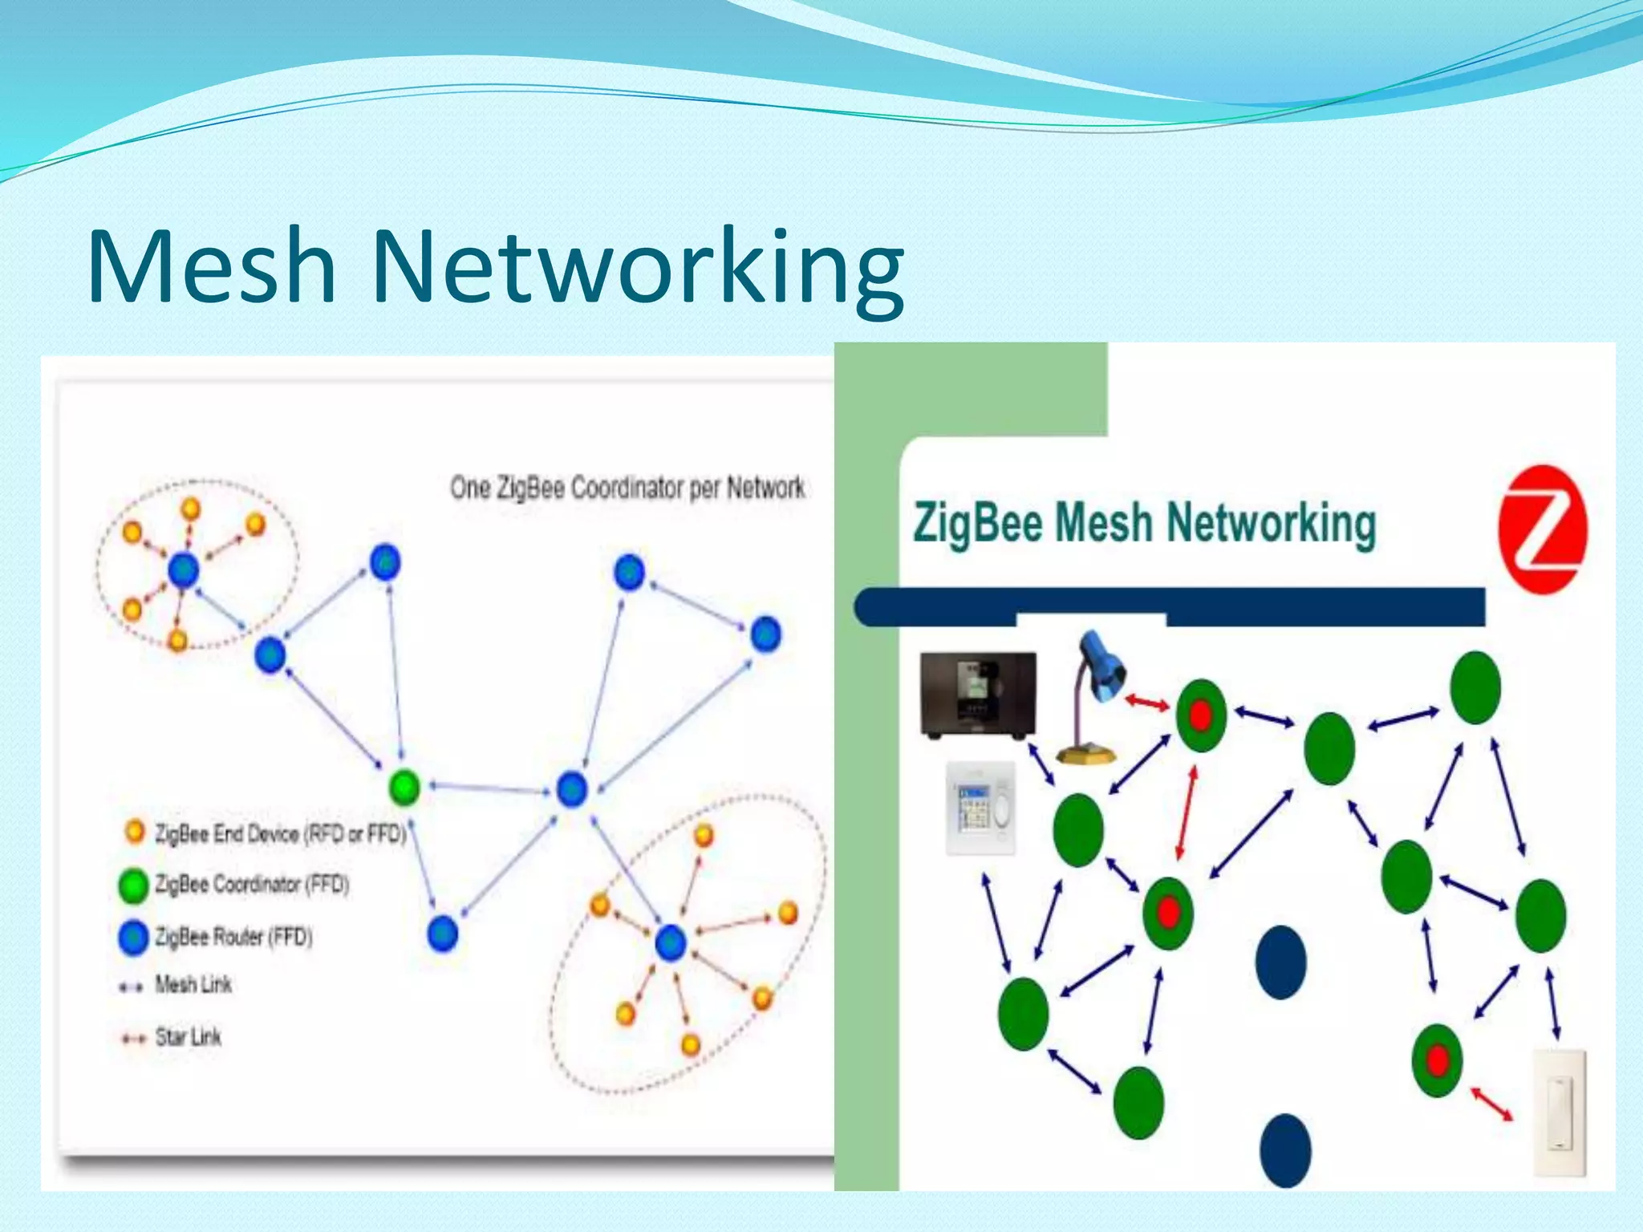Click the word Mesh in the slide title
[x=210, y=266]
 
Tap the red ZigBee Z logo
[x=1542, y=529]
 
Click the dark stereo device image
[x=978, y=695]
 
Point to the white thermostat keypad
[x=980, y=807]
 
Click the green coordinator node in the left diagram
[x=404, y=787]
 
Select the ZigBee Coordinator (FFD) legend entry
[x=250, y=885]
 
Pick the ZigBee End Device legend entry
[x=279, y=834]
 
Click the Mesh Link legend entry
[x=193, y=985]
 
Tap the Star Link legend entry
[x=187, y=1037]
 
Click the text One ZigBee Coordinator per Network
[x=627, y=488]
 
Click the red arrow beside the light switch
[x=1491, y=1104]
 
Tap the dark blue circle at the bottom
[x=1285, y=1149]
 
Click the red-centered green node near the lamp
[x=1201, y=715]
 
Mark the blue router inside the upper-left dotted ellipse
[x=183, y=569]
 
